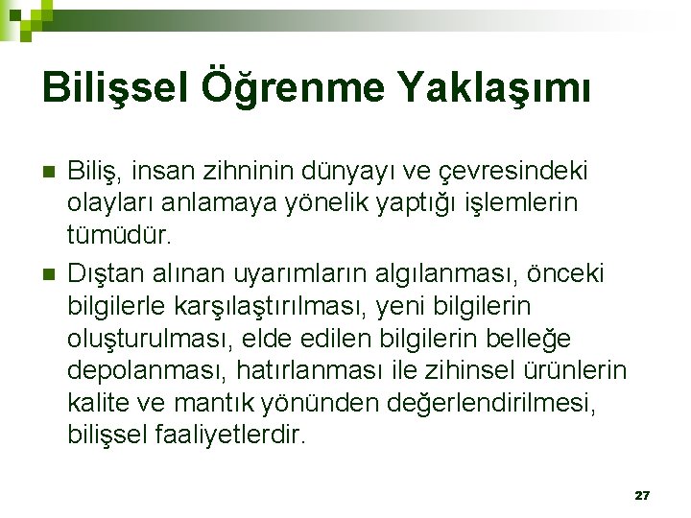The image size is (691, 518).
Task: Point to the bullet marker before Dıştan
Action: tap(50, 275)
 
